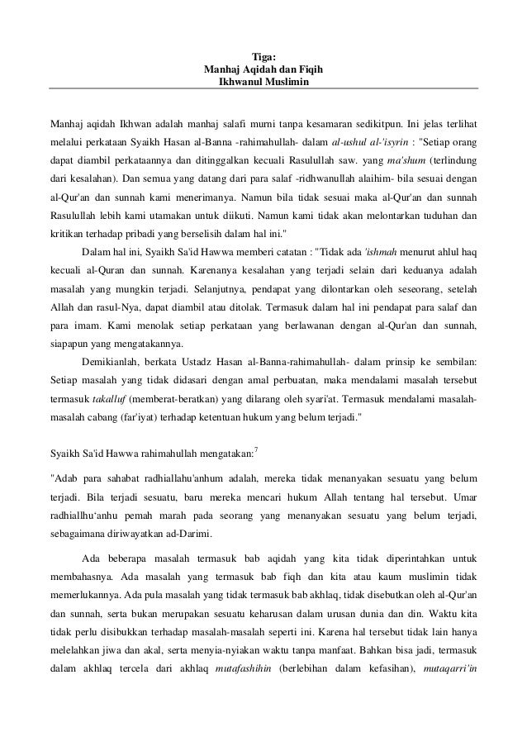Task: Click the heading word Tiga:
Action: pyautogui.click(x=263, y=57)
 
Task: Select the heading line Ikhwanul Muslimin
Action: pyautogui.click(x=263, y=83)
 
